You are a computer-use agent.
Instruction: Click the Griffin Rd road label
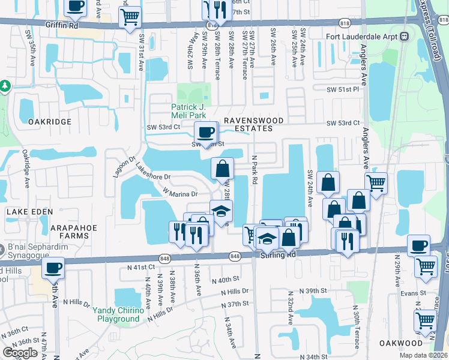point(62,26)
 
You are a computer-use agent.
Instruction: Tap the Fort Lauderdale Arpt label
point(367,36)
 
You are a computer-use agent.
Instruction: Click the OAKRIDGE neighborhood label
point(50,121)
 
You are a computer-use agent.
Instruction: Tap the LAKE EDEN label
point(30,212)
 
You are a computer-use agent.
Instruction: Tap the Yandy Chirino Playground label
point(118,314)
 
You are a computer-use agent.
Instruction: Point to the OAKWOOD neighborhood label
point(401,343)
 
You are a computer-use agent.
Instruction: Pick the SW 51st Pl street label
point(343,89)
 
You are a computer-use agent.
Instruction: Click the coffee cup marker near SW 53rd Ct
point(206,132)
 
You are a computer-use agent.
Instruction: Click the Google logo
point(20,353)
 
